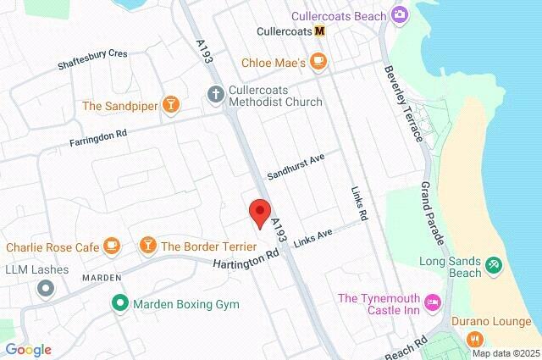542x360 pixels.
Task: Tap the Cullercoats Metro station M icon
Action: (319, 31)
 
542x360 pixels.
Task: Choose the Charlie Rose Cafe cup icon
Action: (111, 246)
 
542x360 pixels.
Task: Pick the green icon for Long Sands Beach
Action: (495, 267)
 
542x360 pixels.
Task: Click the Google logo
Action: (28, 349)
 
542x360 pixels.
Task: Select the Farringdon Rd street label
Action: (98, 138)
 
